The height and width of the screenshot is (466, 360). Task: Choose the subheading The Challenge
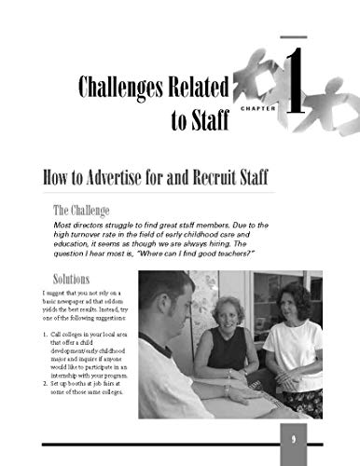(x=81, y=210)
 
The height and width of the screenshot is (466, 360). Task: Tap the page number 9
(x=293, y=439)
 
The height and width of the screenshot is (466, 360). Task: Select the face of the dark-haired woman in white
(x=292, y=305)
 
